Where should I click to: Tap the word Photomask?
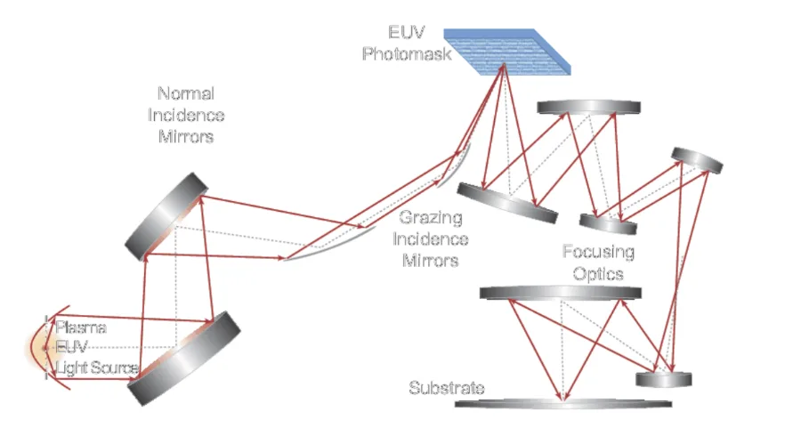pyautogui.click(x=406, y=53)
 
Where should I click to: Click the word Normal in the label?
pyautogui.click(x=186, y=93)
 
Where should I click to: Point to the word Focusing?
pyautogui.click(x=598, y=252)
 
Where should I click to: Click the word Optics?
pyautogui.click(x=598, y=272)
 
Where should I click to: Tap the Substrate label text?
pyautogui.click(x=447, y=388)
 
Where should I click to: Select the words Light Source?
pyautogui.click(x=97, y=367)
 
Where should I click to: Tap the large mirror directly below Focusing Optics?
pyautogui.click(x=560, y=293)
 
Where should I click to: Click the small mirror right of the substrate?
pyautogui.click(x=663, y=380)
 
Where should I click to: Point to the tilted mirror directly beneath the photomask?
pyautogui.click(x=507, y=202)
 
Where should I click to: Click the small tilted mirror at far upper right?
pyautogui.click(x=697, y=159)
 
